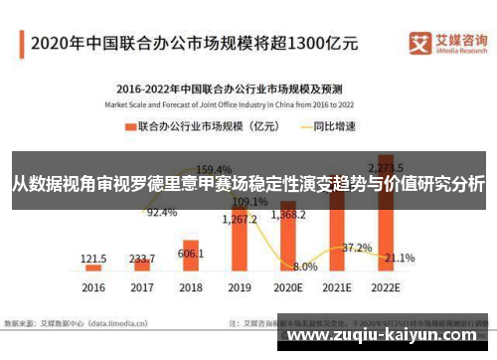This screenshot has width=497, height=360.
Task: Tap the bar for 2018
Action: [x=190, y=257]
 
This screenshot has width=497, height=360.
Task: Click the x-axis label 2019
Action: [x=239, y=286]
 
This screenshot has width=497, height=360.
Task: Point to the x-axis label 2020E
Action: [x=287, y=286]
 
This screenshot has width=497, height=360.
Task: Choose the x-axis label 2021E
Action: [x=336, y=286]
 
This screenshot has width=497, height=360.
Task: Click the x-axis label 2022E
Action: [x=385, y=286]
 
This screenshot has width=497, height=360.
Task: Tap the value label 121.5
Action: [x=93, y=257]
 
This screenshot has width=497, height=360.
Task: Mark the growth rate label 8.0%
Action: [x=305, y=267]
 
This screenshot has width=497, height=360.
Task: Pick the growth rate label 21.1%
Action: [x=400, y=258]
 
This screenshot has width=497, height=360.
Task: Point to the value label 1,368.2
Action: [x=287, y=214]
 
